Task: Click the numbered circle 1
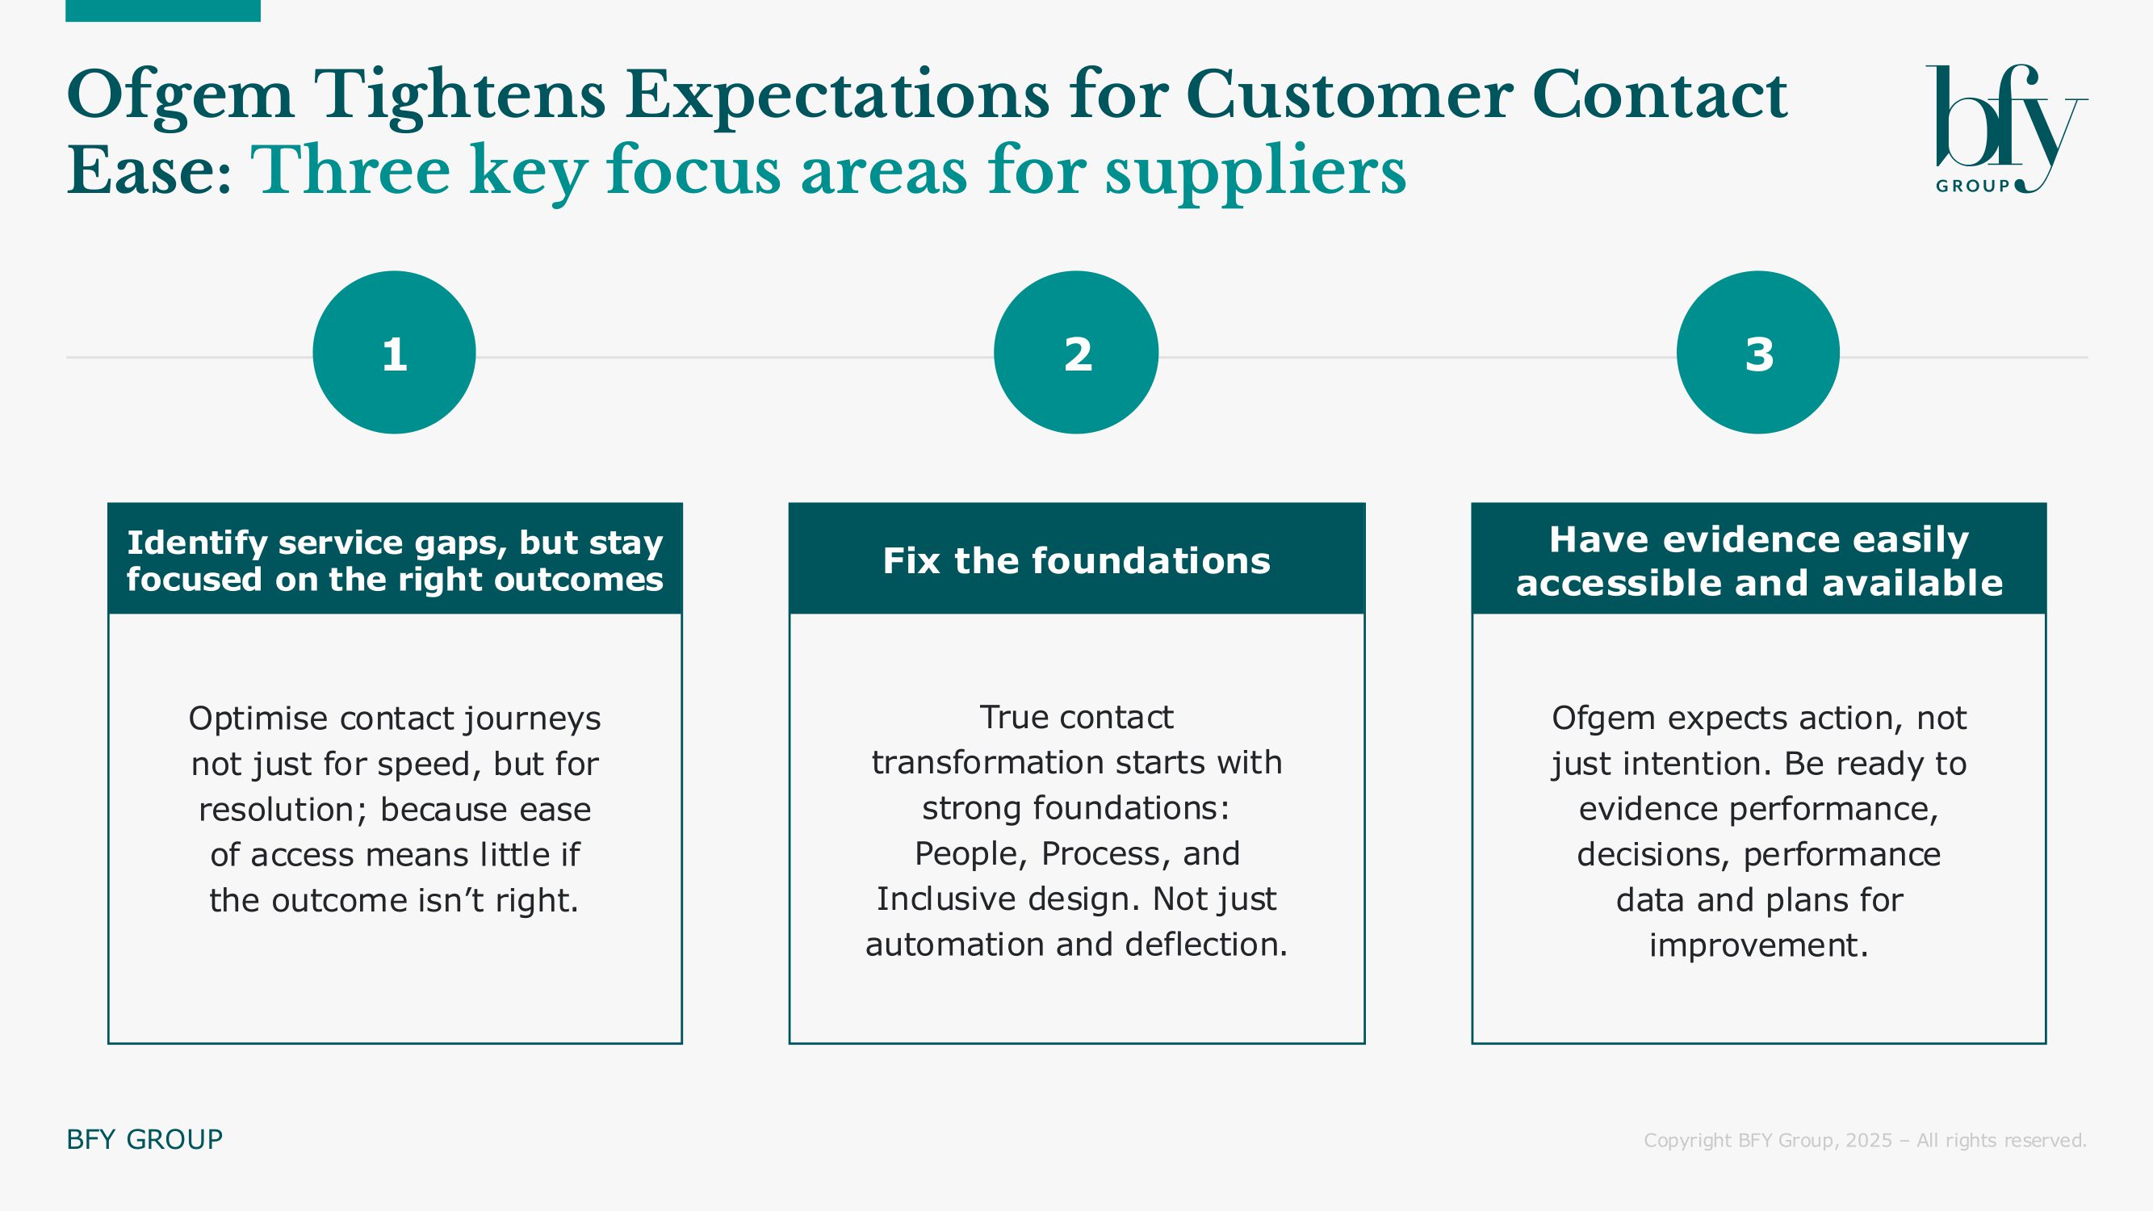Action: [x=395, y=353]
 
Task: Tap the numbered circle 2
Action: [x=1077, y=353]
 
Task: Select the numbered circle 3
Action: [x=1758, y=353]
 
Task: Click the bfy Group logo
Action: [x=2007, y=129]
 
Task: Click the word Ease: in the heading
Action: [x=149, y=171]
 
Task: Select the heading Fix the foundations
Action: [x=1077, y=560]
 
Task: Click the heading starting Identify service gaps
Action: [x=395, y=561]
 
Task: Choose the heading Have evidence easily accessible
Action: [x=1759, y=561]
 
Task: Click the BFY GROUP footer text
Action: [x=145, y=1139]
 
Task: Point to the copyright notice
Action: [x=1866, y=1140]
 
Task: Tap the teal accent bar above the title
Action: [x=163, y=10]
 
